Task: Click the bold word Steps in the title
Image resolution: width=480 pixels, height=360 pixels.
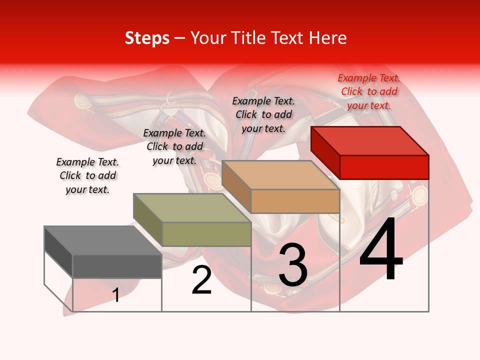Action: (147, 38)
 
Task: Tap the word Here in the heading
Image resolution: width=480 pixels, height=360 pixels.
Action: (328, 38)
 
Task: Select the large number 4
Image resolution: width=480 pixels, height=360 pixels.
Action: (381, 250)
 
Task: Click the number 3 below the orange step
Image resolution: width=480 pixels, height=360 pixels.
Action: (293, 265)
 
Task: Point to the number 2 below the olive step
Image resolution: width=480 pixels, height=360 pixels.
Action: (201, 280)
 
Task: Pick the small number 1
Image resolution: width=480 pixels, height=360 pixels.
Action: (116, 295)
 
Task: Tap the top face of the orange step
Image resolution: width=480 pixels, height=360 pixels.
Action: (280, 175)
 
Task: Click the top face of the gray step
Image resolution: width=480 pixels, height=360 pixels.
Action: (102, 240)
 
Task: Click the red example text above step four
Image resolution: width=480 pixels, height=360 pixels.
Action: (369, 91)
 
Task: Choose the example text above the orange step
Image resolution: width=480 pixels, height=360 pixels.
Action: (263, 114)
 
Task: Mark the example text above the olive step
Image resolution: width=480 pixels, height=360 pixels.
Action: (174, 146)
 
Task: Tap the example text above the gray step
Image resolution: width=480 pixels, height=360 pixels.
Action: (87, 175)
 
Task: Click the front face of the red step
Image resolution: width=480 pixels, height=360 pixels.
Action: (384, 167)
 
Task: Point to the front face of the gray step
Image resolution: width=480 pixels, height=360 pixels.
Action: (117, 266)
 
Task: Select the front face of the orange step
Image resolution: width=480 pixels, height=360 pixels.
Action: (295, 201)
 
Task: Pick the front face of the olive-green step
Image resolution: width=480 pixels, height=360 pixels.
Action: (206, 234)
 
